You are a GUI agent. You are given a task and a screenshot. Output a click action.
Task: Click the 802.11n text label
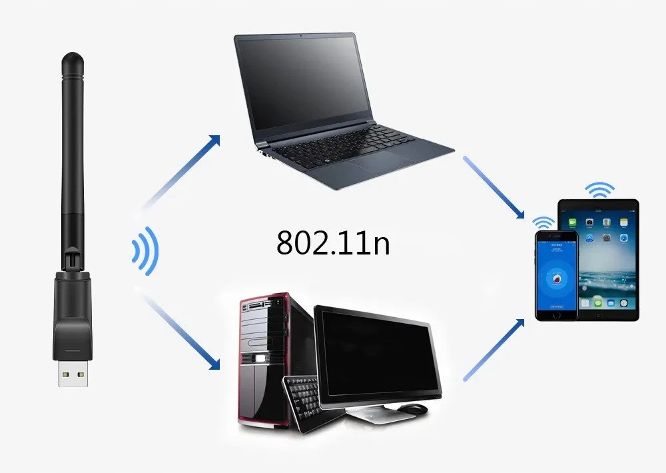(333, 243)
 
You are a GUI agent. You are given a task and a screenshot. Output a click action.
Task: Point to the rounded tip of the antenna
(73, 61)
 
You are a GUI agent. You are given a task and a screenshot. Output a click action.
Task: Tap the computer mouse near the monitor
(414, 408)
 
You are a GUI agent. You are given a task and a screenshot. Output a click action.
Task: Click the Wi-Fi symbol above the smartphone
(543, 222)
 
